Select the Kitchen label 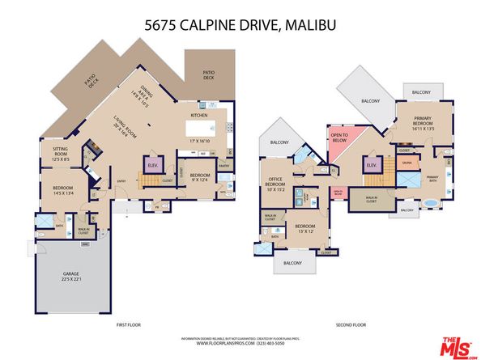(x=199, y=116)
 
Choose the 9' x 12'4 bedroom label (x=201, y=176)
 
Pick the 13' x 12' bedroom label (x=305, y=228)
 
